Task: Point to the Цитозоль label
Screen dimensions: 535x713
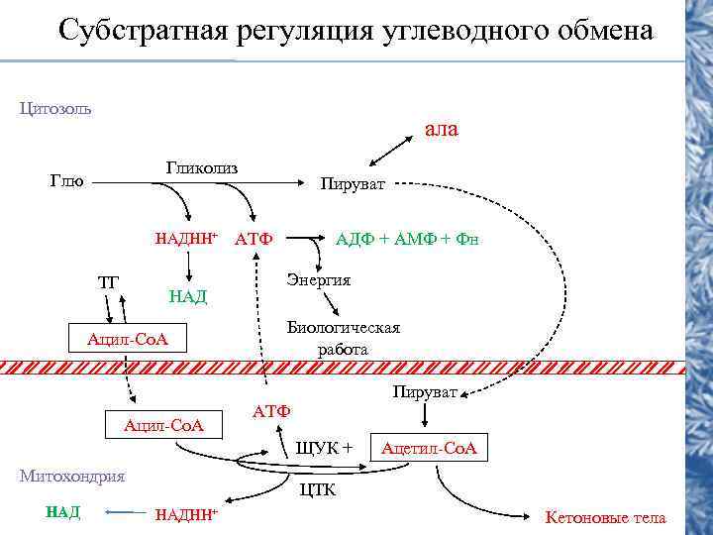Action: [55, 108]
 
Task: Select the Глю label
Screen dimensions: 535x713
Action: [66, 181]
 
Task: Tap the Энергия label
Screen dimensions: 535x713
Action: [319, 280]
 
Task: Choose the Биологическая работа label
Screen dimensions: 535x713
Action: [343, 338]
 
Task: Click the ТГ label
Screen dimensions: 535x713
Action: [108, 281]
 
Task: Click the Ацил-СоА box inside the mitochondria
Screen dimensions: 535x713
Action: [162, 425]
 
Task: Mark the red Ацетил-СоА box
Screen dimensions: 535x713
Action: [429, 448]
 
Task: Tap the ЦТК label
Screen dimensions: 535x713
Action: [318, 489]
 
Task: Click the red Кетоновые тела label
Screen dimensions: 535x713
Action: [606, 517]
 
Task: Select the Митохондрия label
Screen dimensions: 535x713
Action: [72, 476]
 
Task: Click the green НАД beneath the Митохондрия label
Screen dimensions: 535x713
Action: [63, 512]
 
